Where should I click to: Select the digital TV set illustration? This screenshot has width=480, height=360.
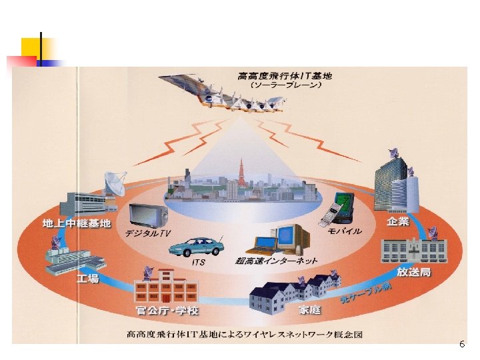(149, 214)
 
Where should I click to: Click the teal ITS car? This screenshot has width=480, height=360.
(196, 246)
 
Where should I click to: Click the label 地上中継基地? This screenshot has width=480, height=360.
(77, 223)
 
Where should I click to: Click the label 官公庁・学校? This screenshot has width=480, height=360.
(167, 311)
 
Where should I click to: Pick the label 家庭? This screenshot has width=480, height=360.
(309, 310)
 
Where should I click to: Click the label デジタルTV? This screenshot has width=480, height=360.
(147, 234)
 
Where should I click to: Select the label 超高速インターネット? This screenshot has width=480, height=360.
(276, 261)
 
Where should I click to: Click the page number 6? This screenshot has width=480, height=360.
(462, 345)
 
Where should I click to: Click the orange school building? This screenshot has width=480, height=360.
(166, 288)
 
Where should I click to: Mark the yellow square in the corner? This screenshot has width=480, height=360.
(30, 47)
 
